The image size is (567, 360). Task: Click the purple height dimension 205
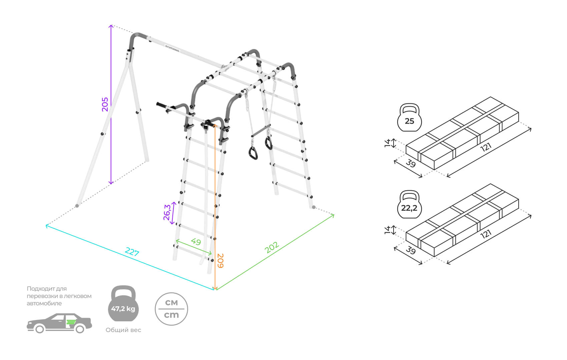tap(105, 104)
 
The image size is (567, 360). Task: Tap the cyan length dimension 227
tap(132, 252)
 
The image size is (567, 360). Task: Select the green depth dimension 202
tap(272, 247)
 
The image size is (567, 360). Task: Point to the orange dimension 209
tap(220, 261)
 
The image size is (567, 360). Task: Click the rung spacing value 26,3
tap(167, 212)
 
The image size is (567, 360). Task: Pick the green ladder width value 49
tap(196, 241)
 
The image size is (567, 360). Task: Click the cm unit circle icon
tap(171, 309)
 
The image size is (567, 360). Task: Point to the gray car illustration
tap(59, 323)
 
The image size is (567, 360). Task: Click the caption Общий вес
tap(123, 330)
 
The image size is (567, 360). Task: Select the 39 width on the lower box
tap(411, 250)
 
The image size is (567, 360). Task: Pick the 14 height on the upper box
tap(387, 143)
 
